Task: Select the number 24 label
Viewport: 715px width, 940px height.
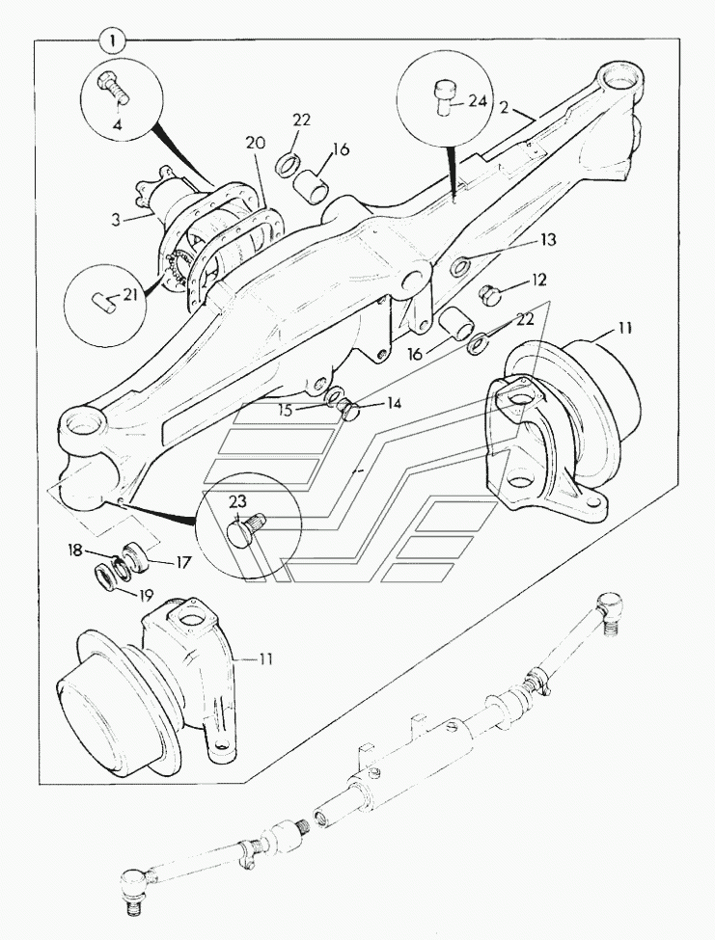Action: click(480, 99)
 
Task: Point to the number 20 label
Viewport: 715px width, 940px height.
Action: click(255, 143)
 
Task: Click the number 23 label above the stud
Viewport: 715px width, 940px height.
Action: click(238, 500)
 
